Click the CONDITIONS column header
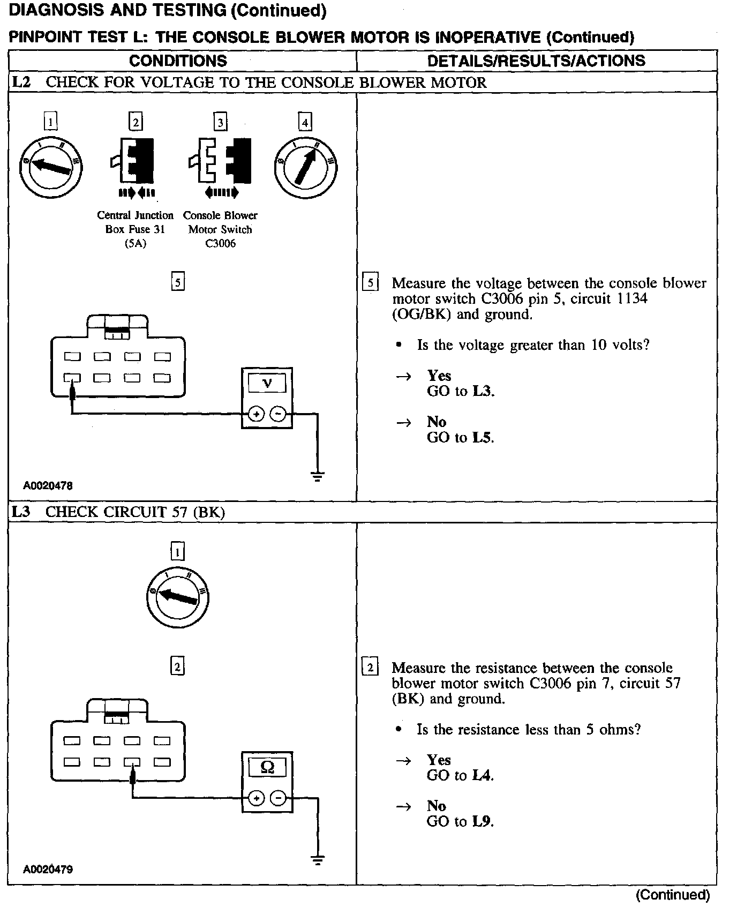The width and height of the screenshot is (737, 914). click(178, 61)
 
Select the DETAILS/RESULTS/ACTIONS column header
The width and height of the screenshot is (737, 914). click(536, 61)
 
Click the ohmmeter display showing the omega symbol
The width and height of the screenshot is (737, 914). click(267, 767)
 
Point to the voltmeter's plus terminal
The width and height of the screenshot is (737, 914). click(257, 414)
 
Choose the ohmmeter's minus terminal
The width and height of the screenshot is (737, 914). click(279, 798)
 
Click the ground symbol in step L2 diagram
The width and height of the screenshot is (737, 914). click(318, 476)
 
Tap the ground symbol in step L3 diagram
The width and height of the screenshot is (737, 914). click(318, 860)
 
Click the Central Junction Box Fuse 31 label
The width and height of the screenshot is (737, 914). click(135, 229)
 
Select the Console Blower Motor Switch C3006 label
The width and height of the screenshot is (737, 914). click(220, 229)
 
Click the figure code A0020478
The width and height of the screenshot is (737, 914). click(48, 486)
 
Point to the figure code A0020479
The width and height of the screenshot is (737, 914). click(48, 869)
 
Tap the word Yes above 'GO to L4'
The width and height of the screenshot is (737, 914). click(439, 760)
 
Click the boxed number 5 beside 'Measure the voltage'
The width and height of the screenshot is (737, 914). click(370, 282)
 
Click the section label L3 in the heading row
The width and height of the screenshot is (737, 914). click(21, 512)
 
